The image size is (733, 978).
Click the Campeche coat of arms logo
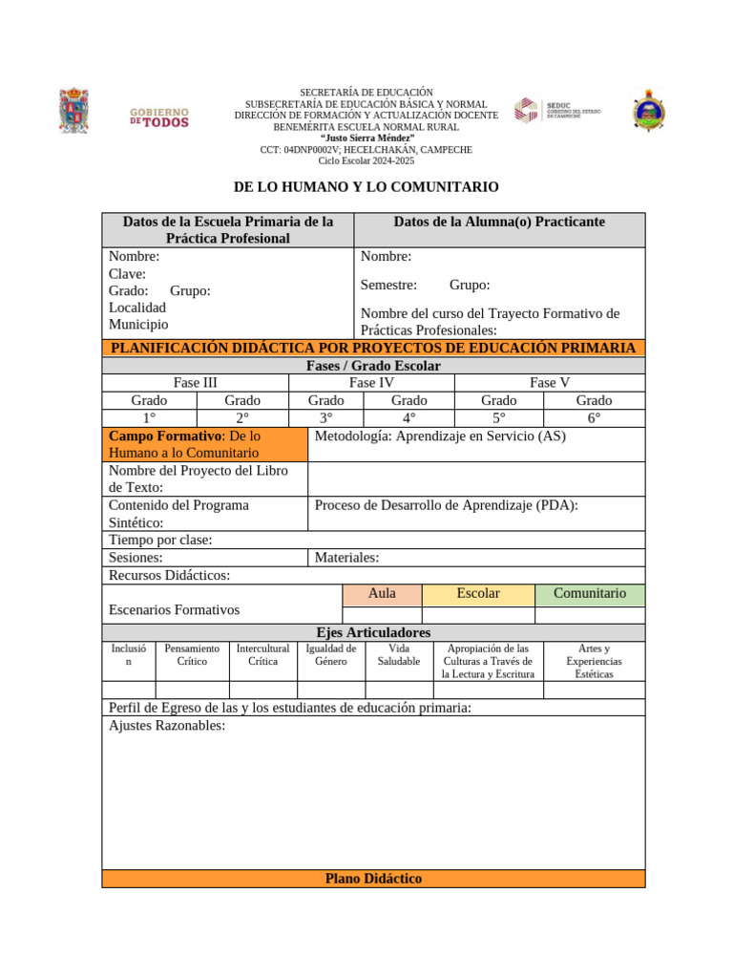[73, 110]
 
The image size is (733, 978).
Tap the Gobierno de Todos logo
[159, 117]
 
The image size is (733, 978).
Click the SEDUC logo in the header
[558, 111]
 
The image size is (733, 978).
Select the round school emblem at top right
[650, 110]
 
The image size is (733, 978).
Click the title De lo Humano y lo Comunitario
[366, 187]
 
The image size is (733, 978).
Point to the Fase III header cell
[195, 383]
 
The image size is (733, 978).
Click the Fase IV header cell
[371, 383]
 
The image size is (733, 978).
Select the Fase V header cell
[550, 383]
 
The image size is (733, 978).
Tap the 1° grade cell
[149, 417]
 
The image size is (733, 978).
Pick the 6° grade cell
[594, 417]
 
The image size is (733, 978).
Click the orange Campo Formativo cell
[204, 444]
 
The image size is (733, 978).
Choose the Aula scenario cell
[382, 593]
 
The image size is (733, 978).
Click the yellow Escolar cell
[478, 593]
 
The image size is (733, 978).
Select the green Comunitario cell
[590, 593]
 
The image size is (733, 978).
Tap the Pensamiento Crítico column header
[192, 654]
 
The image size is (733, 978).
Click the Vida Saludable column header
[399, 654]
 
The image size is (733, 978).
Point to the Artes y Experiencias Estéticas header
[594, 661]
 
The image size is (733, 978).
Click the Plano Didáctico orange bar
[373, 879]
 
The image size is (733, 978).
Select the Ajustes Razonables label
[167, 726]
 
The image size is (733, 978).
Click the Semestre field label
[388, 285]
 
